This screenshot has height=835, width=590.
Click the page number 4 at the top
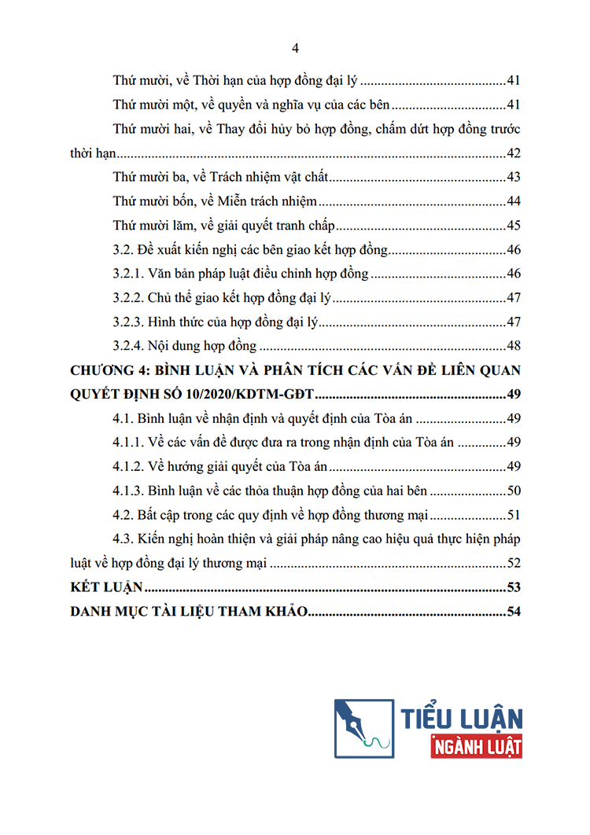click(x=295, y=49)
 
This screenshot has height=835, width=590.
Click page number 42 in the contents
click(x=514, y=153)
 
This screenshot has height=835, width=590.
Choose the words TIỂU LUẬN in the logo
click(x=462, y=717)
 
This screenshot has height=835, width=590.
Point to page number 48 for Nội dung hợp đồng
click(x=514, y=347)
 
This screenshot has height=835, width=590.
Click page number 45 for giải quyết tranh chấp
click(x=514, y=226)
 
